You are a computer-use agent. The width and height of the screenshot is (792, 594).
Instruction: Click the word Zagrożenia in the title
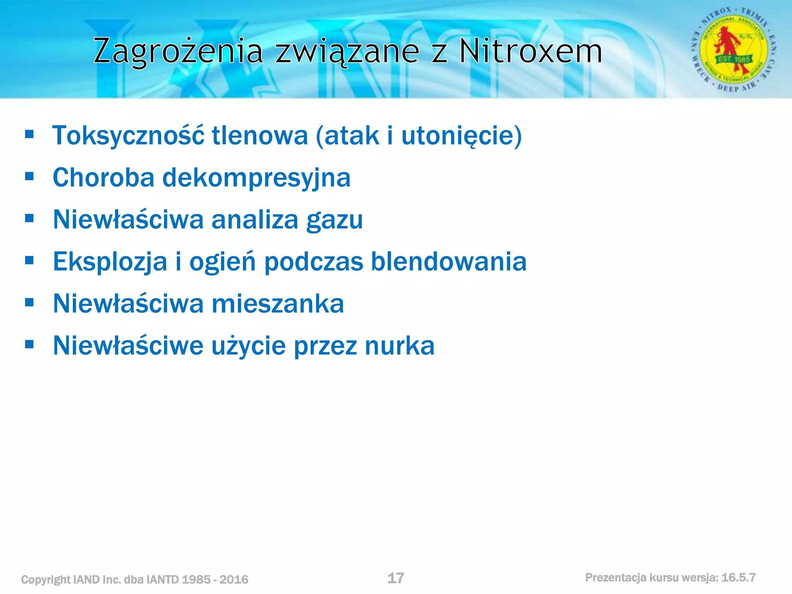click(x=178, y=51)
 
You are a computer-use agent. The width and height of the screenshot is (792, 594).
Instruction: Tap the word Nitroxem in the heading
click(x=530, y=51)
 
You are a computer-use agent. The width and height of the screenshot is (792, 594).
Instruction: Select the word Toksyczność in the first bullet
click(x=128, y=136)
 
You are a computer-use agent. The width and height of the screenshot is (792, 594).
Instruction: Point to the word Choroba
click(x=103, y=178)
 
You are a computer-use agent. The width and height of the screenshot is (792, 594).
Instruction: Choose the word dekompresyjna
click(x=256, y=178)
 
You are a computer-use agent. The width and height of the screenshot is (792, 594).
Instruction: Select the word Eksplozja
click(x=110, y=262)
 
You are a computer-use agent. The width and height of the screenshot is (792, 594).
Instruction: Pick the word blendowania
click(x=449, y=261)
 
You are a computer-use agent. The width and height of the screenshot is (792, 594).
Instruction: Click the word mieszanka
click(x=277, y=304)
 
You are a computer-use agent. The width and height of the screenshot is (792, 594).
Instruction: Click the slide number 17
click(x=396, y=578)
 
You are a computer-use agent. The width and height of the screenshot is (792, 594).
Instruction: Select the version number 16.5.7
click(x=738, y=578)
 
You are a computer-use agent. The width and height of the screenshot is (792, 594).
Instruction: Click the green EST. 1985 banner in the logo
click(x=734, y=59)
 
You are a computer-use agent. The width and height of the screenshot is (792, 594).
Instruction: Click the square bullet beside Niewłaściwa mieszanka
click(x=29, y=302)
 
